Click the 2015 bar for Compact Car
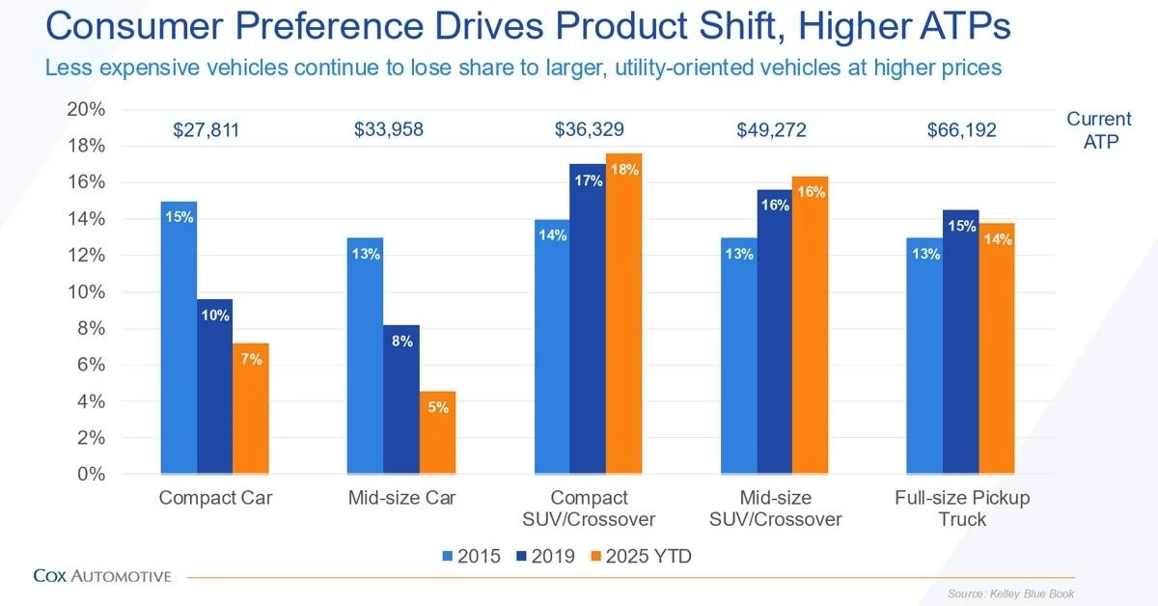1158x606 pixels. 179,338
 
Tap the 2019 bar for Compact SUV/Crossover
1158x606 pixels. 588,318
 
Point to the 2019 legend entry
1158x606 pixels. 546,556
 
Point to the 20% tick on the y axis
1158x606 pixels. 86,109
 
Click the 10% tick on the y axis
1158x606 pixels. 86,292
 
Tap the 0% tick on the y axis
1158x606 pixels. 90,475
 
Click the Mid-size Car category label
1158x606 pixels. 403,499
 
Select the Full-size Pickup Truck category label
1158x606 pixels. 961,509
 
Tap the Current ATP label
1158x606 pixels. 1098,129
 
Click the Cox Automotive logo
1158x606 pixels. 101,576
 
